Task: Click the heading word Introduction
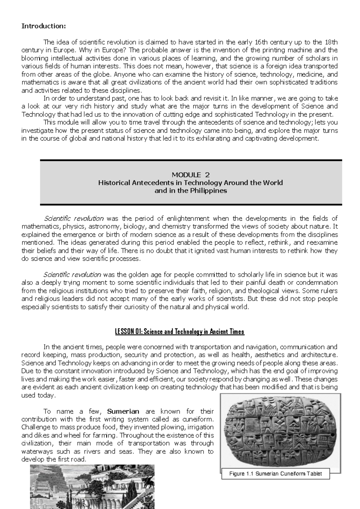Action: [x=43, y=26]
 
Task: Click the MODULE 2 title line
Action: [x=190, y=175]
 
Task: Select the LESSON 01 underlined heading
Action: [x=180, y=332]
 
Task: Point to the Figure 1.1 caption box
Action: [x=275, y=474]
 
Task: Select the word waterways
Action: [x=37, y=451]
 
